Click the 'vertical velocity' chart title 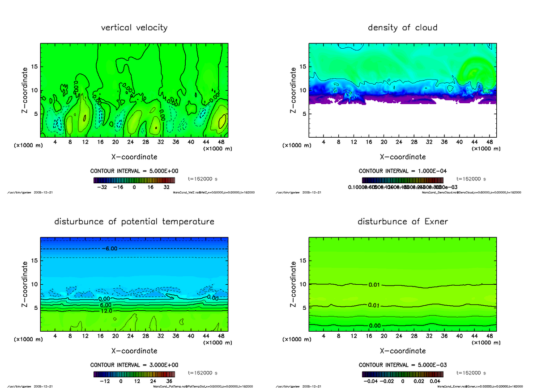(x=134, y=28)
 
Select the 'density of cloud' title (x=402, y=28)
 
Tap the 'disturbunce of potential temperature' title (x=134, y=222)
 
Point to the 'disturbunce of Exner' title (x=402, y=222)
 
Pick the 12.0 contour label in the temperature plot (x=106, y=311)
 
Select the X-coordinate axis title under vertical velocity (x=134, y=157)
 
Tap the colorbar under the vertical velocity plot (x=134, y=180)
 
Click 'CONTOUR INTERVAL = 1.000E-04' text (x=402, y=171)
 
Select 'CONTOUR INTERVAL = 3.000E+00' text (x=134, y=365)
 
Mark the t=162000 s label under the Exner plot (x=471, y=372)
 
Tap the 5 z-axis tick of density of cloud (x=303, y=114)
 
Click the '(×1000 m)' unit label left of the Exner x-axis (x=297, y=339)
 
